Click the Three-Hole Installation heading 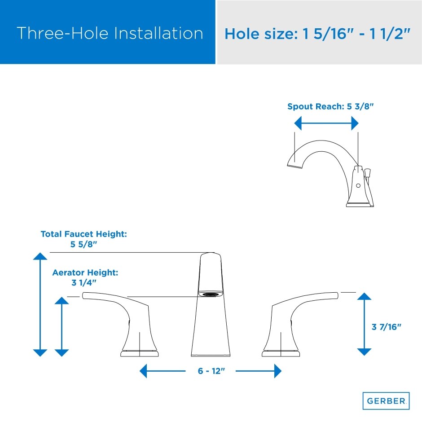(x=110, y=34)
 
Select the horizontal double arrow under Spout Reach (x=326, y=123)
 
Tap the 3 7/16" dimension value (x=386, y=327)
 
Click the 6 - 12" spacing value (x=210, y=371)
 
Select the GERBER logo (x=386, y=401)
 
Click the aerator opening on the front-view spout (x=211, y=295)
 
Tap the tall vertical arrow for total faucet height (x=40, y=305)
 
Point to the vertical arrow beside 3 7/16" (x=364, y=324)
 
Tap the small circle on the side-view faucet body (x=358, y=185)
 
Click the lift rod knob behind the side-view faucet (x=368, y=172)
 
